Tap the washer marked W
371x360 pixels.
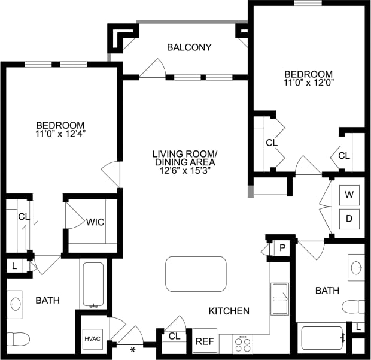[349, 195]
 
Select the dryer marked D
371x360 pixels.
[349, 219]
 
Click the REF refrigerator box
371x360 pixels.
[205, 341]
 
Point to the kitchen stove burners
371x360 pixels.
[242, 344]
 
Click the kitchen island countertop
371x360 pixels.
[196, 274]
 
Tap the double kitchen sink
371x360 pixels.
[279, 299]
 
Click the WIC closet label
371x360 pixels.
[95, 222]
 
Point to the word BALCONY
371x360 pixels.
[189, 47]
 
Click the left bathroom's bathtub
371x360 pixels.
[94, 285]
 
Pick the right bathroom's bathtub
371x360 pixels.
[322, 338]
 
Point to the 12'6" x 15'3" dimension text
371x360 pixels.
[184, 171]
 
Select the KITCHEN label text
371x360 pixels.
[229, 311]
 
